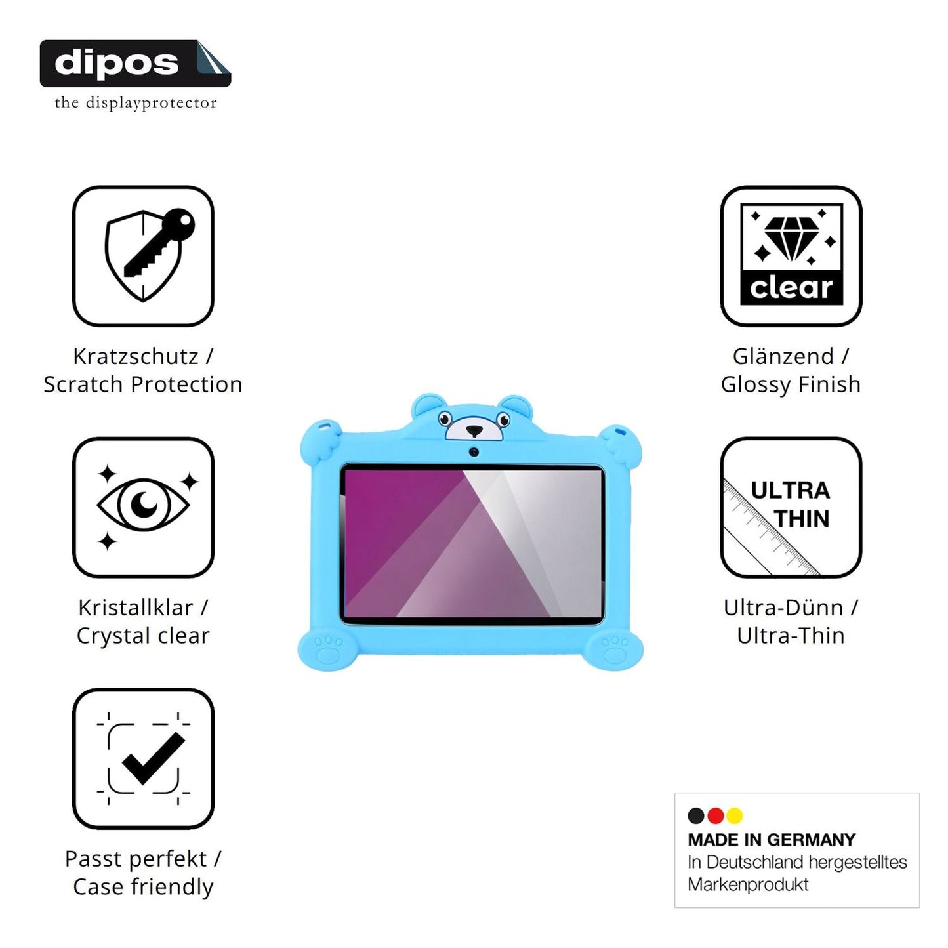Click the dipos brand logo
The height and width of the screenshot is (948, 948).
point(135,64)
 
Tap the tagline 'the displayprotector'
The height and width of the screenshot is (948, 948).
point(135,103)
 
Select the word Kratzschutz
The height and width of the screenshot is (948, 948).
point(135,357)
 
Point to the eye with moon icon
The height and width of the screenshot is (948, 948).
point(143,505)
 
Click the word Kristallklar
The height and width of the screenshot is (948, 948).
point(135,608)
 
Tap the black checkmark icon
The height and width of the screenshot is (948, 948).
point(153,758)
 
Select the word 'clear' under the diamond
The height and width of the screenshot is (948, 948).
point(791,287)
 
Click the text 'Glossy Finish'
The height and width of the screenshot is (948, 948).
point(791,384)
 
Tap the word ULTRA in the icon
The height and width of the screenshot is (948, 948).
point(790,491)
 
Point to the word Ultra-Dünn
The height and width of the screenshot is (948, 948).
point(783,608)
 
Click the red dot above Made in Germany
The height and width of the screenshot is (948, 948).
point(715,815)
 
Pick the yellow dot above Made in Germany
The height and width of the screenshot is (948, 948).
point(734,815)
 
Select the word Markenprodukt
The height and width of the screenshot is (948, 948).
point(748,884)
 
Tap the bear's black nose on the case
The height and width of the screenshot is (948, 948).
point(474,431)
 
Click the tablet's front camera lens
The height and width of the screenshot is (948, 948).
point(474,451)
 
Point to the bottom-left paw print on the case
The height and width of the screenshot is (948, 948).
point(328,649)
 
